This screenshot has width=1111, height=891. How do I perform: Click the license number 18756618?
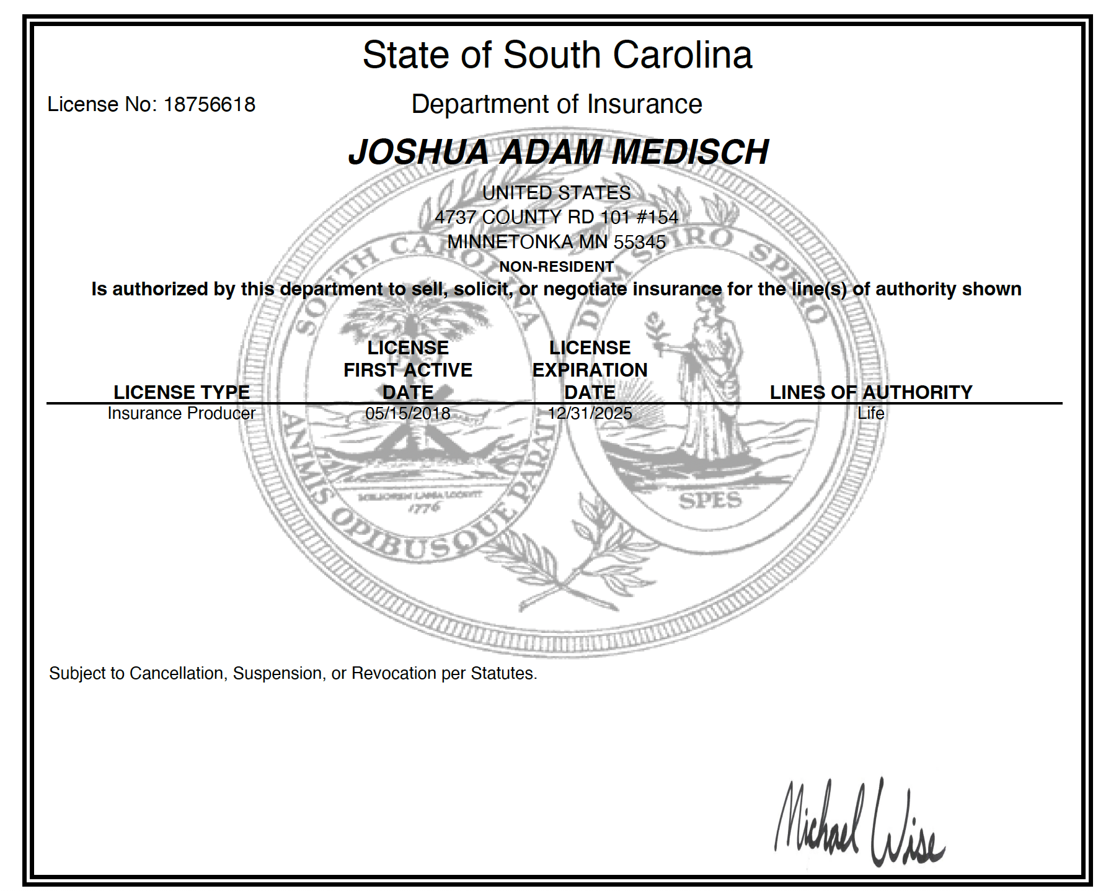(209, 104)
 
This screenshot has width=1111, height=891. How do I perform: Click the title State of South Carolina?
(557, 55)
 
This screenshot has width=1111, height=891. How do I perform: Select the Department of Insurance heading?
(557, 104)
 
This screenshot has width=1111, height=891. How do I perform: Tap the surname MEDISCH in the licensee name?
(690, 152)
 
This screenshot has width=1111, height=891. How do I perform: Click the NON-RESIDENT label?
(557, 267)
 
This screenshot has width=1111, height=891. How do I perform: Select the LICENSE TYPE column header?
(182, 392)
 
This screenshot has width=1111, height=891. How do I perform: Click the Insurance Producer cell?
(182, 413)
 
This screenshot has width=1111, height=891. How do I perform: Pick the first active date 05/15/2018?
(408, 413)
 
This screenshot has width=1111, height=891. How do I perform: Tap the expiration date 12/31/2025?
(590, 413)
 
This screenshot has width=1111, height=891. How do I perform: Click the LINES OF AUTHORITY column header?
(871, 392)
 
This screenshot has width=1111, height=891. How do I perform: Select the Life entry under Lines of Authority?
(871, 413)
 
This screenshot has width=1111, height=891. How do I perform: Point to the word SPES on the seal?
(710, 501)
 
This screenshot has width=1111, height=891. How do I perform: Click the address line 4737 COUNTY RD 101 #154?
(557, 217)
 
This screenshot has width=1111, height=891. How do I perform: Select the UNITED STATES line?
(557, 193)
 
